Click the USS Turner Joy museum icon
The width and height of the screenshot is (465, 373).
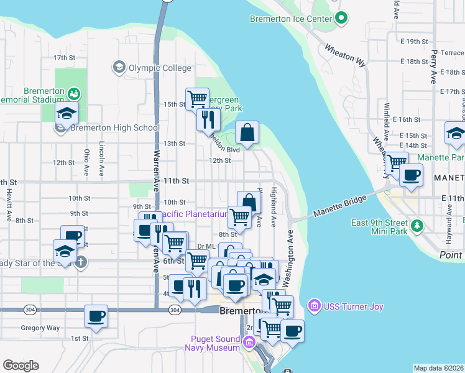(x=314, y=306)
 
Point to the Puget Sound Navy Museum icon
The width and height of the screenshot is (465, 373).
(x=249, y=342)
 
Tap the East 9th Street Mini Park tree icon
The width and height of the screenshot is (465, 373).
(x=418, y=224)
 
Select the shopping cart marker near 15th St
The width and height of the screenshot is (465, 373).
(x=197, y=98)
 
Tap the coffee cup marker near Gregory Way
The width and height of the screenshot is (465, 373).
(x=96, y=315)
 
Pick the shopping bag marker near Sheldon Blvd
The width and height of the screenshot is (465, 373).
(x=247, y=132)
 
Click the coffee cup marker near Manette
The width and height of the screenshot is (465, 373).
(x=410, y=174)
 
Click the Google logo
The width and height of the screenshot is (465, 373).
(x=21, y=365)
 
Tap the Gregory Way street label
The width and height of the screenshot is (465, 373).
(x=40, y=328)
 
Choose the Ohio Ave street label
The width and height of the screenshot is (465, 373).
(x=86, y=162)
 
